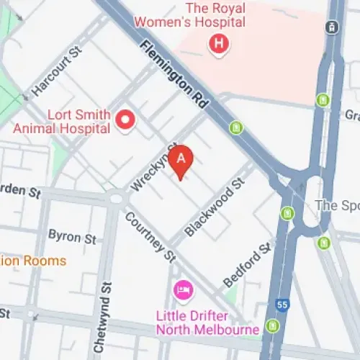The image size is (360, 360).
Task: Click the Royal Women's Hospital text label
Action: (215, 15)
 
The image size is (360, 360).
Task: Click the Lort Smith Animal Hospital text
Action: (61, 122)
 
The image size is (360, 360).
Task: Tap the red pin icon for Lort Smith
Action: (127, 120)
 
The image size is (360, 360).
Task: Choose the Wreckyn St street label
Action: (153, 168)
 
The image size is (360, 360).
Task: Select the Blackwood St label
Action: (210, 210)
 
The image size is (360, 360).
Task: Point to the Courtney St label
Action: (150, 235)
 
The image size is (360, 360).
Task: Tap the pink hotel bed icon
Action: (183, 291)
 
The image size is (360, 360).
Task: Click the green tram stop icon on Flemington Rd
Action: (235, 128)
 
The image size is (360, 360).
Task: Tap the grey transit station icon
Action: (332, 27)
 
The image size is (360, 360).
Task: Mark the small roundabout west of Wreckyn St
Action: (116, 197)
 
